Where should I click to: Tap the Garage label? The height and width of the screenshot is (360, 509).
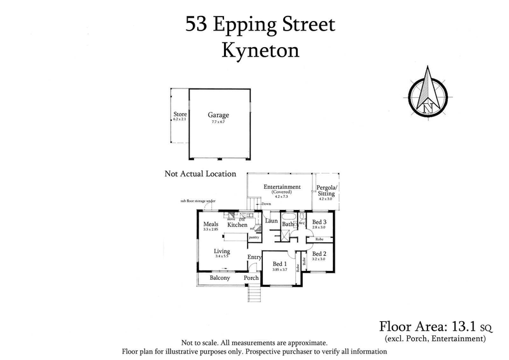[x=218, y=115]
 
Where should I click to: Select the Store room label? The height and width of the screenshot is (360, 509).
[x=180, y=115]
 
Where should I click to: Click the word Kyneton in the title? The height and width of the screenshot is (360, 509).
[x=259, y=52]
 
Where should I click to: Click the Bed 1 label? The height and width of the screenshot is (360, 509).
[x=280, y=263]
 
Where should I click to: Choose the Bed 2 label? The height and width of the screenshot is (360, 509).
[x=319, y=253]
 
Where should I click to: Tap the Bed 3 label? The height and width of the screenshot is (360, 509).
[x=319, y=221]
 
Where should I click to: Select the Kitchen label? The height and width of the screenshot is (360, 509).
[x=237, y=225]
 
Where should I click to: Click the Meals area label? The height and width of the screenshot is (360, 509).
[x=211, y=223]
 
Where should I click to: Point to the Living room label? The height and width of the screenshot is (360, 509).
[x=222, y=251]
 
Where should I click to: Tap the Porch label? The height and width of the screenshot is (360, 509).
[x=251, y=279]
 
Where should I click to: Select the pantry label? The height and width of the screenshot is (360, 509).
[x=253, y=237]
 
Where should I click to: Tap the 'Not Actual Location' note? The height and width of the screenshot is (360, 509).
[x=200, y=174]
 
